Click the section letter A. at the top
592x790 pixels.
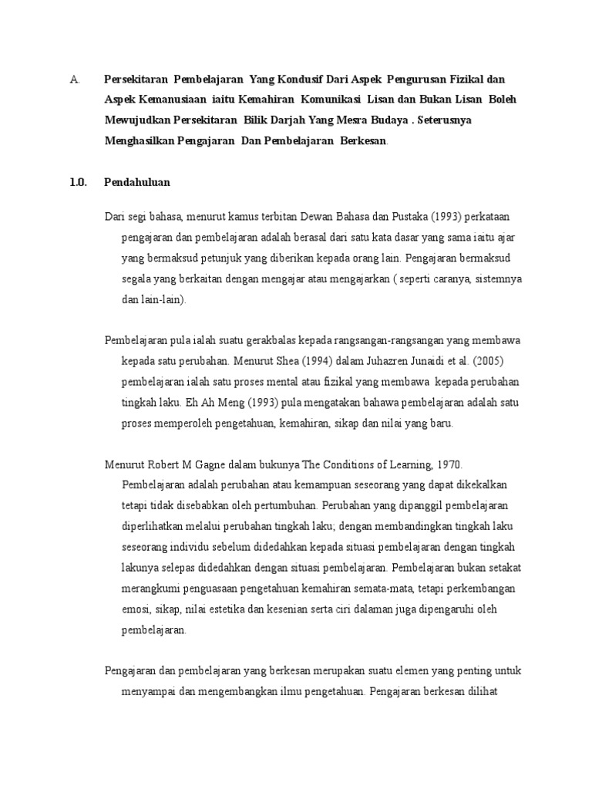click(x=74, y=79)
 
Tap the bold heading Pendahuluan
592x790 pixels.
click(x=137, y=182)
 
